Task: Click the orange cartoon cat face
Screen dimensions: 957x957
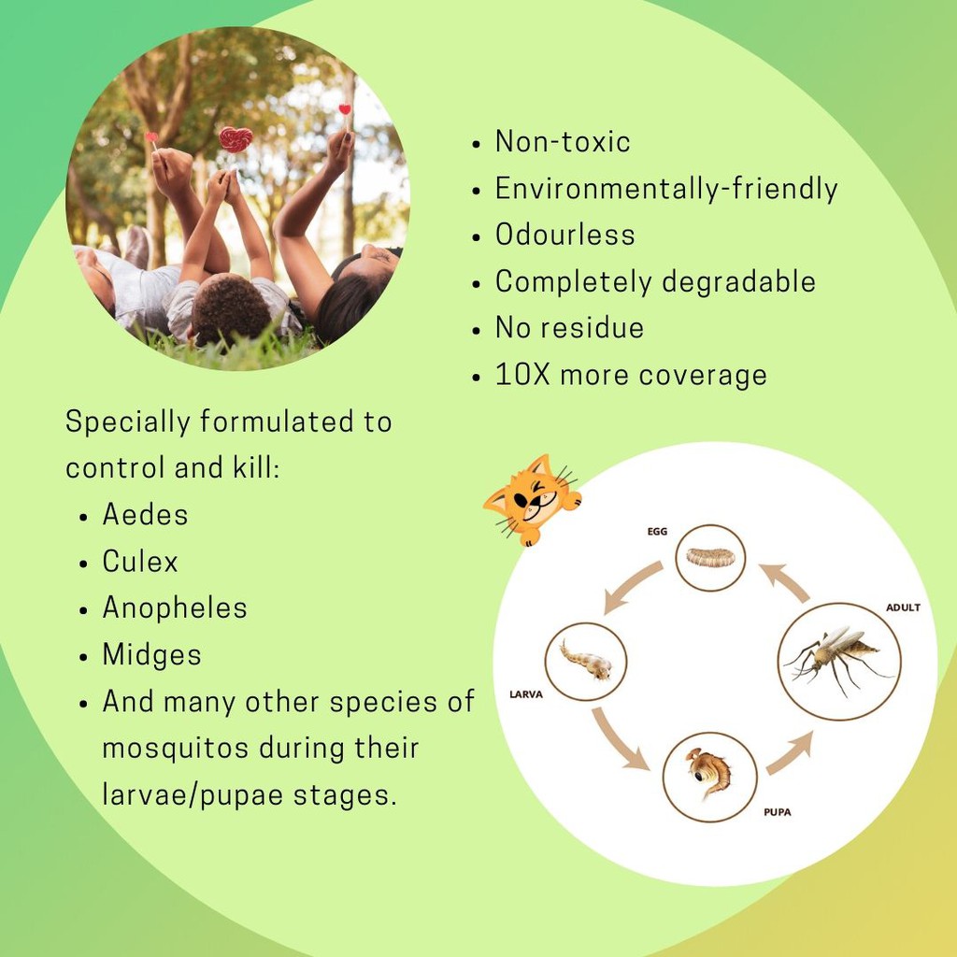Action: pyautogui.click(x=532, y=500)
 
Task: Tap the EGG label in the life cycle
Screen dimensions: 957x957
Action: pyautogui.click(x=657, y=532)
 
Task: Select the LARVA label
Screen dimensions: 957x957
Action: pyautogui.click(x=526, y=694)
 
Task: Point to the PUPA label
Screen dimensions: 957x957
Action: pyautogui.click(x=777, y=812)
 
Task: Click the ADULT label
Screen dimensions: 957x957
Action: pyautogui.click(x=903, y=607)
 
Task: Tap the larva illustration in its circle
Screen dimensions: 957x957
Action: pyautogui.click(x=586, y=660)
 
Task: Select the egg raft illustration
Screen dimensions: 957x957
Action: pyautogui.click(x=710, y=557)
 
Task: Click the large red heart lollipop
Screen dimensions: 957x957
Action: pyautogui.click(x=236, y=140)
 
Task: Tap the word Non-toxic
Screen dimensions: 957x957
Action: pyautogui.click(x=563, y=142)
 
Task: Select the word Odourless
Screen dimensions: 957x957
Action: pyautogui.click(x=565, y=235)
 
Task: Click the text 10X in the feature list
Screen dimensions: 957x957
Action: pyautogui.click(x=523, y=375)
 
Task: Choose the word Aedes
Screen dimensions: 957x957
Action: pyautogui.click(x=145, y=515)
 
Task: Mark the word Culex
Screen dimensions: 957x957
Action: pyautogui.click(x=140, y=562)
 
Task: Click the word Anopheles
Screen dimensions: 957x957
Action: pyautogui.click(x=175, y=608)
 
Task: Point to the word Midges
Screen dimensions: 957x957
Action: pyautogui.click(x=152, y=655)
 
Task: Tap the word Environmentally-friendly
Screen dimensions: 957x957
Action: pyautogui.click(x=666, y=189)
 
